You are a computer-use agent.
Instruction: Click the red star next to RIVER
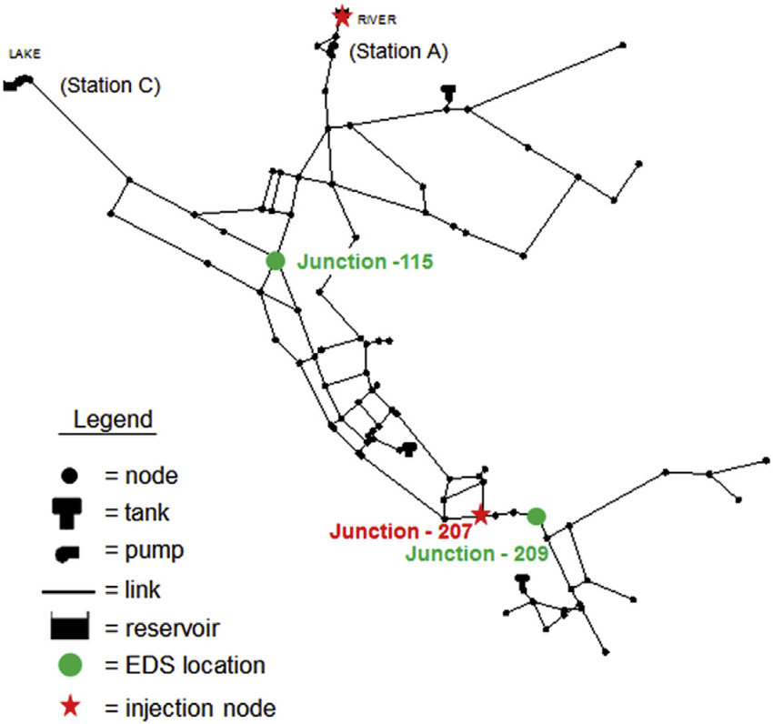point(341,15)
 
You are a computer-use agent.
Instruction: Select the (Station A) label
point(398,52)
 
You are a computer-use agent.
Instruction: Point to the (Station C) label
point(110,86)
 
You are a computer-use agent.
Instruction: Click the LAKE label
point(25,54)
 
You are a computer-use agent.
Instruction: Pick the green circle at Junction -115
point(276,261)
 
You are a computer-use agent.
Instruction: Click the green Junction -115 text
point(364,262)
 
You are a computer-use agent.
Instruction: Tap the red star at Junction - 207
point(480,515)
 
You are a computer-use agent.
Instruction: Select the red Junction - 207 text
point(401,530)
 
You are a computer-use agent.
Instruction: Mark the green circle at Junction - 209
point(537,516)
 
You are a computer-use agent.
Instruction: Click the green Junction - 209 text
point(477,552)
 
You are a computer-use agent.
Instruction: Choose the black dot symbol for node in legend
point(69,475)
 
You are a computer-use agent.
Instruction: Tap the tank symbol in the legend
point(69,512)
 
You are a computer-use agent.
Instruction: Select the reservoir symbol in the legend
point(69,627)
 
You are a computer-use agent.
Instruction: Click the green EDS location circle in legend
point(69,665)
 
